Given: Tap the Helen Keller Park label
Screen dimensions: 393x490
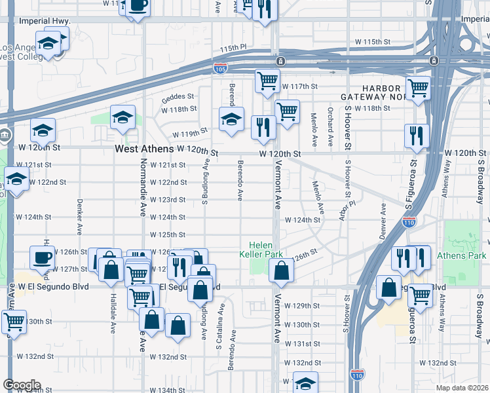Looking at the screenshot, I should coord(266,248).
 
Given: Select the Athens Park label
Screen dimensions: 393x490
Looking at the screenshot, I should coord(467,255).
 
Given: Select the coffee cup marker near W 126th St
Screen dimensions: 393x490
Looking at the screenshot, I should coord(43,257).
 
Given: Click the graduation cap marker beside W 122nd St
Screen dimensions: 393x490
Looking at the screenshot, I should coord(16,179).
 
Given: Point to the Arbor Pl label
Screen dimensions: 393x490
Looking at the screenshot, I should coord(343,211).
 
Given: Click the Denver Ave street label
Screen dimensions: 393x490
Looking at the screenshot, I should coord(383,217).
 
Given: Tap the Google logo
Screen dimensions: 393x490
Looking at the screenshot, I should coord(21,385).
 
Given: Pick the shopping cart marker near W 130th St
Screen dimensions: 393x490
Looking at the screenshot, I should coord(14,322).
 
